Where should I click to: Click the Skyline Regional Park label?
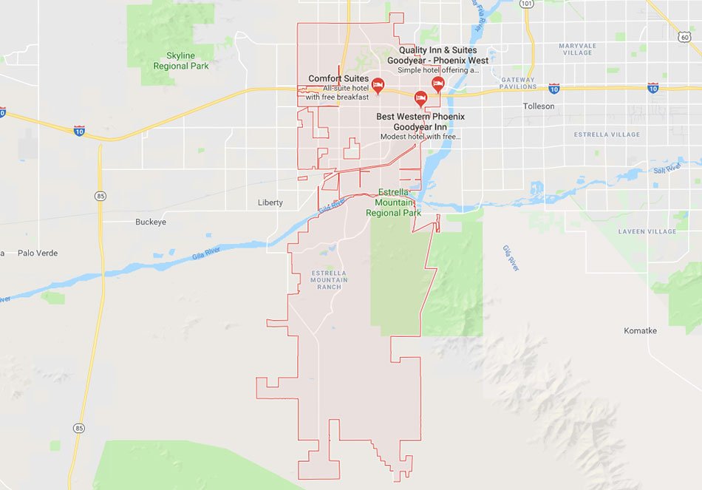[181, 61]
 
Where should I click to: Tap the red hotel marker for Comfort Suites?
[378, 85]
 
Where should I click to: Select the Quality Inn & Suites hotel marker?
[437, 83]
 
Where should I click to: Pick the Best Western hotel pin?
[420, 98]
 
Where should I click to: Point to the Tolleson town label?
[538, 106]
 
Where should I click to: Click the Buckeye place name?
[151, 222]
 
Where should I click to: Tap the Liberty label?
[270, 203]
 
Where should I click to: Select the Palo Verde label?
[38, 253]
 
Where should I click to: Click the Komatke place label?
[640, 330]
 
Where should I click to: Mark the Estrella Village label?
[607, 135]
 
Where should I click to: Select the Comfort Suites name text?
[338, 78]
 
